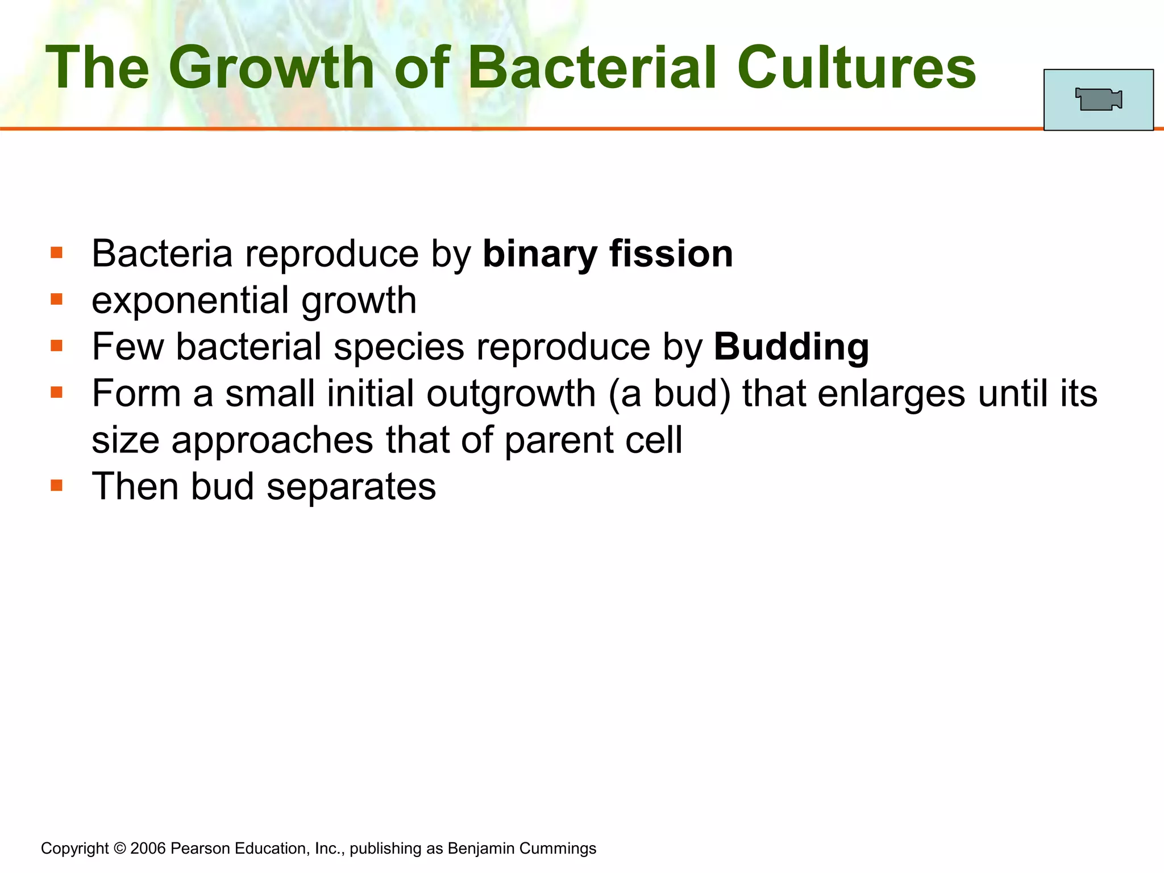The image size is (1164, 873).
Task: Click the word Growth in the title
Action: click(272, 68)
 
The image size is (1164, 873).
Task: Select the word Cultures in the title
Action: click(857, 68)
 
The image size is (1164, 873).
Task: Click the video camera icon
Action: click(1098, 99)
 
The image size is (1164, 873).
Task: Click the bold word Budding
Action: click(791, 347)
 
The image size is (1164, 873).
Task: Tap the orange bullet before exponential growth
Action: click(56, 299)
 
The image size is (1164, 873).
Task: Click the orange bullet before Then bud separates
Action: click(56, 485)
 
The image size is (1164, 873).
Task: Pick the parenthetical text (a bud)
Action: click(669, 393)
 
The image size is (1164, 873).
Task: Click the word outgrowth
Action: click(510, 393)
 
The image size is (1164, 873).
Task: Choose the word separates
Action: click(351, 487)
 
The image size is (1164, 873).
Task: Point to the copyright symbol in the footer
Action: click(119, 849)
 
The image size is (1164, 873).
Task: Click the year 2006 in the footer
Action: click(148, 849)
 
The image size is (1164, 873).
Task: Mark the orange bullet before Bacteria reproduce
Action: click(56, 252)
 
